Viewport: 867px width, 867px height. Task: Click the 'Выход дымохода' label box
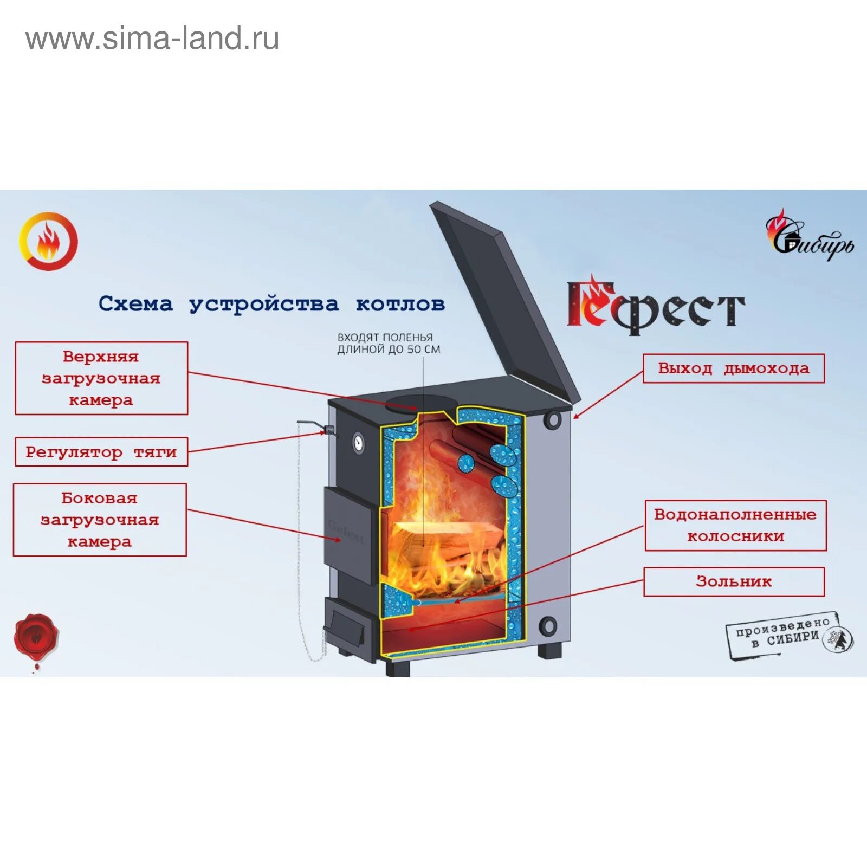point(733,368)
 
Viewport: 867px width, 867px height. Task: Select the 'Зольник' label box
point(734,581)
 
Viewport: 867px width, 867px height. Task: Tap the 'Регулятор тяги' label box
point(101,452)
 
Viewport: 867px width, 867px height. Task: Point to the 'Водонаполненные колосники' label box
point(735,525)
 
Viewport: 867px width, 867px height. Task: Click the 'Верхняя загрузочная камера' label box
point(101,378)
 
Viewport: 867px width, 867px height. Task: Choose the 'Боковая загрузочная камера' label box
point(100,520)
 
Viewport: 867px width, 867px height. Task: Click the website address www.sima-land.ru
point(152,39)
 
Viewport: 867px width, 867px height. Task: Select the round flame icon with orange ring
point(48,241)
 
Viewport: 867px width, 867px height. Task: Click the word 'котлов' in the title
point(400,304)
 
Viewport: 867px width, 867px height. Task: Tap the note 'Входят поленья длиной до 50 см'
point(389,344)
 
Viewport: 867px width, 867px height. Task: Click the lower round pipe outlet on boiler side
point(548,625)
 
